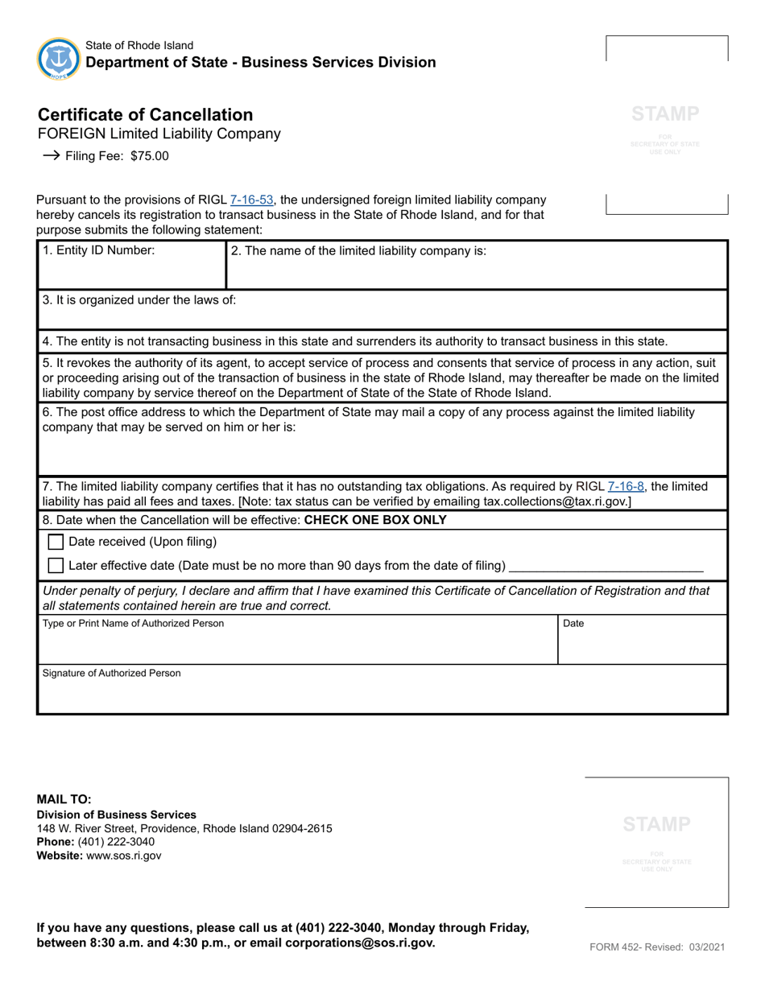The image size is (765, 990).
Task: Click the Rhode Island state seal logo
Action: coord(58,58)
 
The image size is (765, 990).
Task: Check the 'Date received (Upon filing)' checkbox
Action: coord(56,542)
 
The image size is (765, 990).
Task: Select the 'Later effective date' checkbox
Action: coord(56,566)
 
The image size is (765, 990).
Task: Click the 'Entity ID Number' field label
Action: coord(98,250)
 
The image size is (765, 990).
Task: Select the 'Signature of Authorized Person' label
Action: coord(112,673)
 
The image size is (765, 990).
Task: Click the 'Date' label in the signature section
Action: coord(573,624)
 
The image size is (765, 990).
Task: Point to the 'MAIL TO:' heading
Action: coord(64,799)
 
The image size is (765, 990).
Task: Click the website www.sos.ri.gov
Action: coord(124,856)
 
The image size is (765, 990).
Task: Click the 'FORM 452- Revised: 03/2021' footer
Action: coord(658,947)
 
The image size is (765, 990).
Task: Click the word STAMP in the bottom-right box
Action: coord(656,824)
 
